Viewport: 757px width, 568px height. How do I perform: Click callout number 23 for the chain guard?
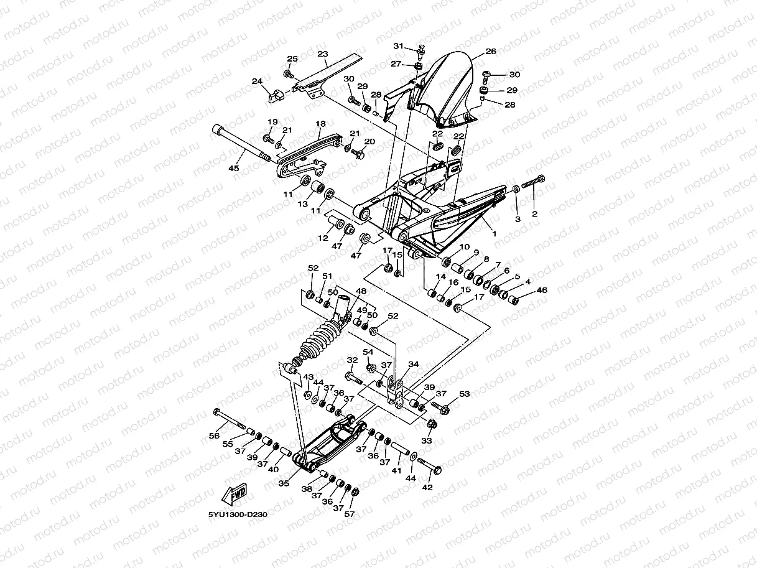[x=322, y=54]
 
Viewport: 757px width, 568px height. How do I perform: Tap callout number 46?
[x=542, y=290]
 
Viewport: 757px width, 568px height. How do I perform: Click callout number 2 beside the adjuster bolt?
[x=534, y=213]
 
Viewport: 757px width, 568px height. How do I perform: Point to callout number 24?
[x=257, y=81]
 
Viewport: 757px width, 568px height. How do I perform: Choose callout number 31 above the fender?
[x=398, y=46]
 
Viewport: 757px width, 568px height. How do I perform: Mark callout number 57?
[x=350, y=514]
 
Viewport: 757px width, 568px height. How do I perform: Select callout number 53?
[x=464, y=394]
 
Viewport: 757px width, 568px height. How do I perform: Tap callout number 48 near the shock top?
[x=361, y=291]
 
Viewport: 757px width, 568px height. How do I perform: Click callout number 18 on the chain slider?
[x=320, y=124]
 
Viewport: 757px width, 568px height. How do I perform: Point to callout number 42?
[x=427, y=487]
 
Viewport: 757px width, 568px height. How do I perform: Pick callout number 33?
[x=427, y=440]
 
